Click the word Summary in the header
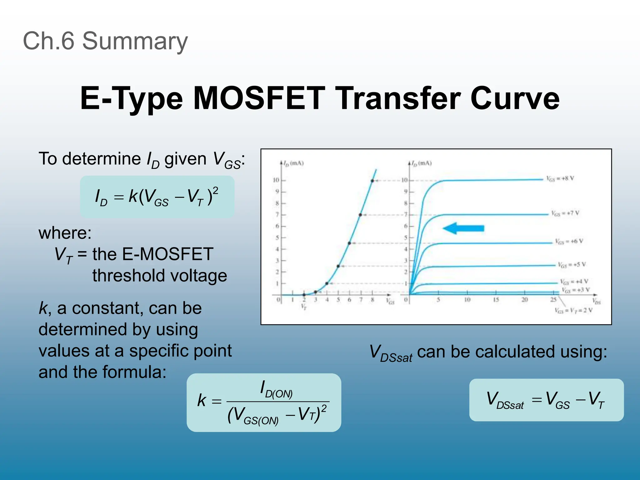point(135,41)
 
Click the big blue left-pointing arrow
point(463,228)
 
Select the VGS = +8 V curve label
point(560,178)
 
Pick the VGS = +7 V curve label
point(565,213)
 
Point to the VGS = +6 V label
point(569,241)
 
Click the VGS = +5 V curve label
point(572,265)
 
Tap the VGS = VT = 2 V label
point(573,310)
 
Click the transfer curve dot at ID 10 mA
point(372,181)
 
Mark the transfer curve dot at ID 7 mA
point(360,215)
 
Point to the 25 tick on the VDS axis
point(553,300)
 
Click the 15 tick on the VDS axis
point(496,300)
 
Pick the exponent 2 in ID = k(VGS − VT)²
point(215,190)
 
